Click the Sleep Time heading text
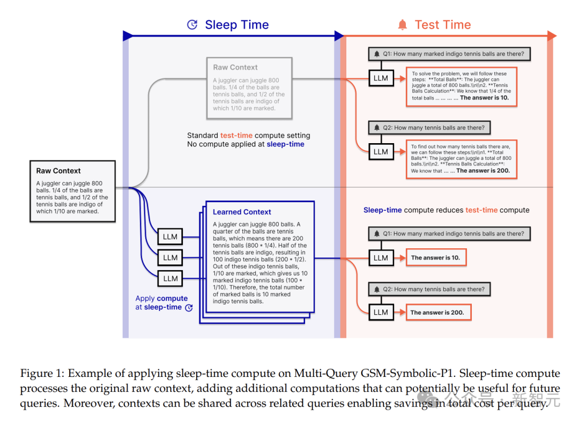pos(236,25)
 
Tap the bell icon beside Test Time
pos(402,25)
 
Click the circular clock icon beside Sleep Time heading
pos(192,25)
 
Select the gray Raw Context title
pos(235,68)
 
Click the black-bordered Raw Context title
pos(58,171)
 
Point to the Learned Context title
pos(242,212)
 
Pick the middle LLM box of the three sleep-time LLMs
pos(170,257)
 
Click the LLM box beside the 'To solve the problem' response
pos(381,78)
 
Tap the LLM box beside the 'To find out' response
pos(381,152)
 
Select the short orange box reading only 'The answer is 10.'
pos(435,258)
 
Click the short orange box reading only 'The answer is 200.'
pos(437,313)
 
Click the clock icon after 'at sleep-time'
pos(189,308)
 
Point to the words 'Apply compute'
pos(161,299)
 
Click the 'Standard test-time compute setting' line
pos(248,136)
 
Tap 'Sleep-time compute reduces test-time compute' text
pos(446,210)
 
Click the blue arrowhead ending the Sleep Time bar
pos(339,36)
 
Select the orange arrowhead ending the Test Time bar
pos(552,36)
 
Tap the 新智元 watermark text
pos(536,399)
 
